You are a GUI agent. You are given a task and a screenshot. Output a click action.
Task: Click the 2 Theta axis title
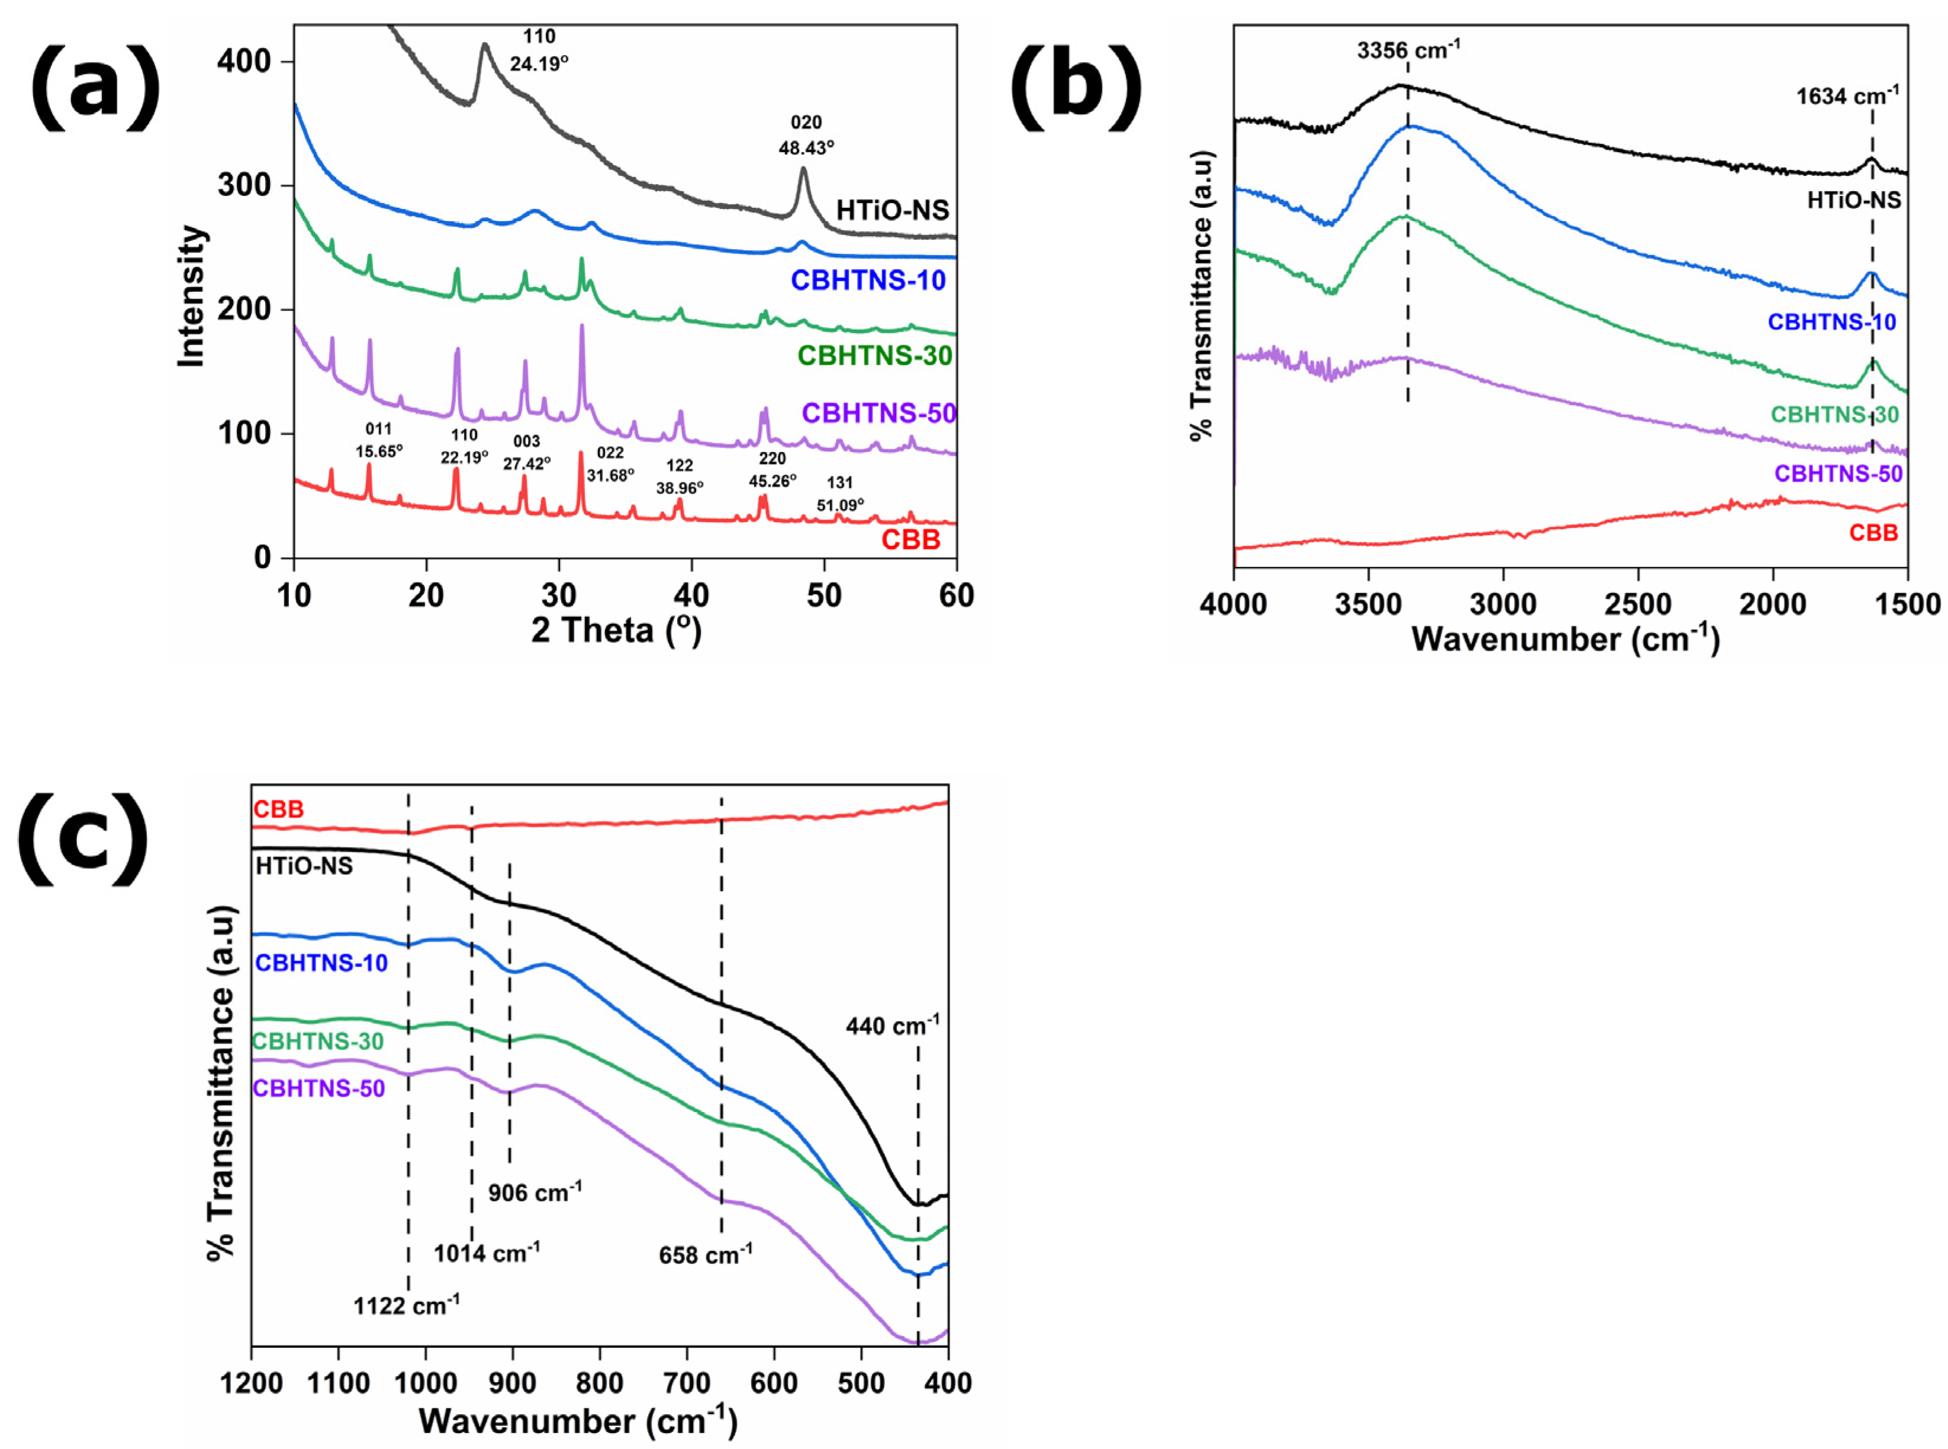pyautogui.click(x=616, y=630)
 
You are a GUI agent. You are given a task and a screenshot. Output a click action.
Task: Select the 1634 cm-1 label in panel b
pyautogui.click(x=1846, y=96)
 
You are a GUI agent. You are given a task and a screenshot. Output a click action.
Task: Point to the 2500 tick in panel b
pyautogui.click(x=1637, y=604)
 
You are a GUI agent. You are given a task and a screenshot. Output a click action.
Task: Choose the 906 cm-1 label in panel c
pyautogui.click(x=534, y=1192)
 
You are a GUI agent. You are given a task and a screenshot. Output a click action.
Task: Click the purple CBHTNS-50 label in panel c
pyautogui.click(x=318, y=1089)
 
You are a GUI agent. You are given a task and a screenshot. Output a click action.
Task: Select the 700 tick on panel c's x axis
pyautogui.click(x=687, y=1383)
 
